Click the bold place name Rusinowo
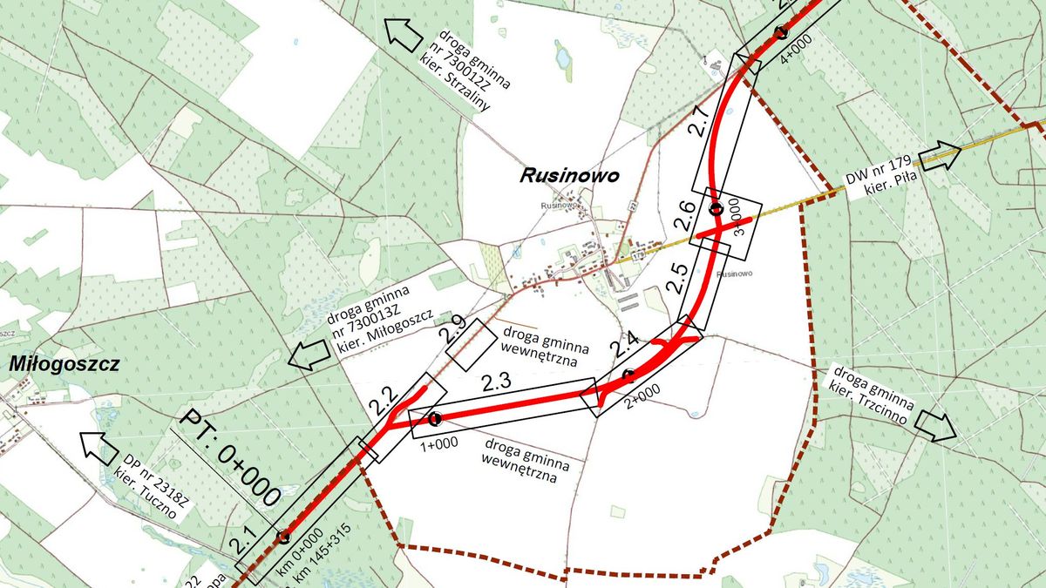click(x=569, y=175)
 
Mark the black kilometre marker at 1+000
click(x=434, y=419)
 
